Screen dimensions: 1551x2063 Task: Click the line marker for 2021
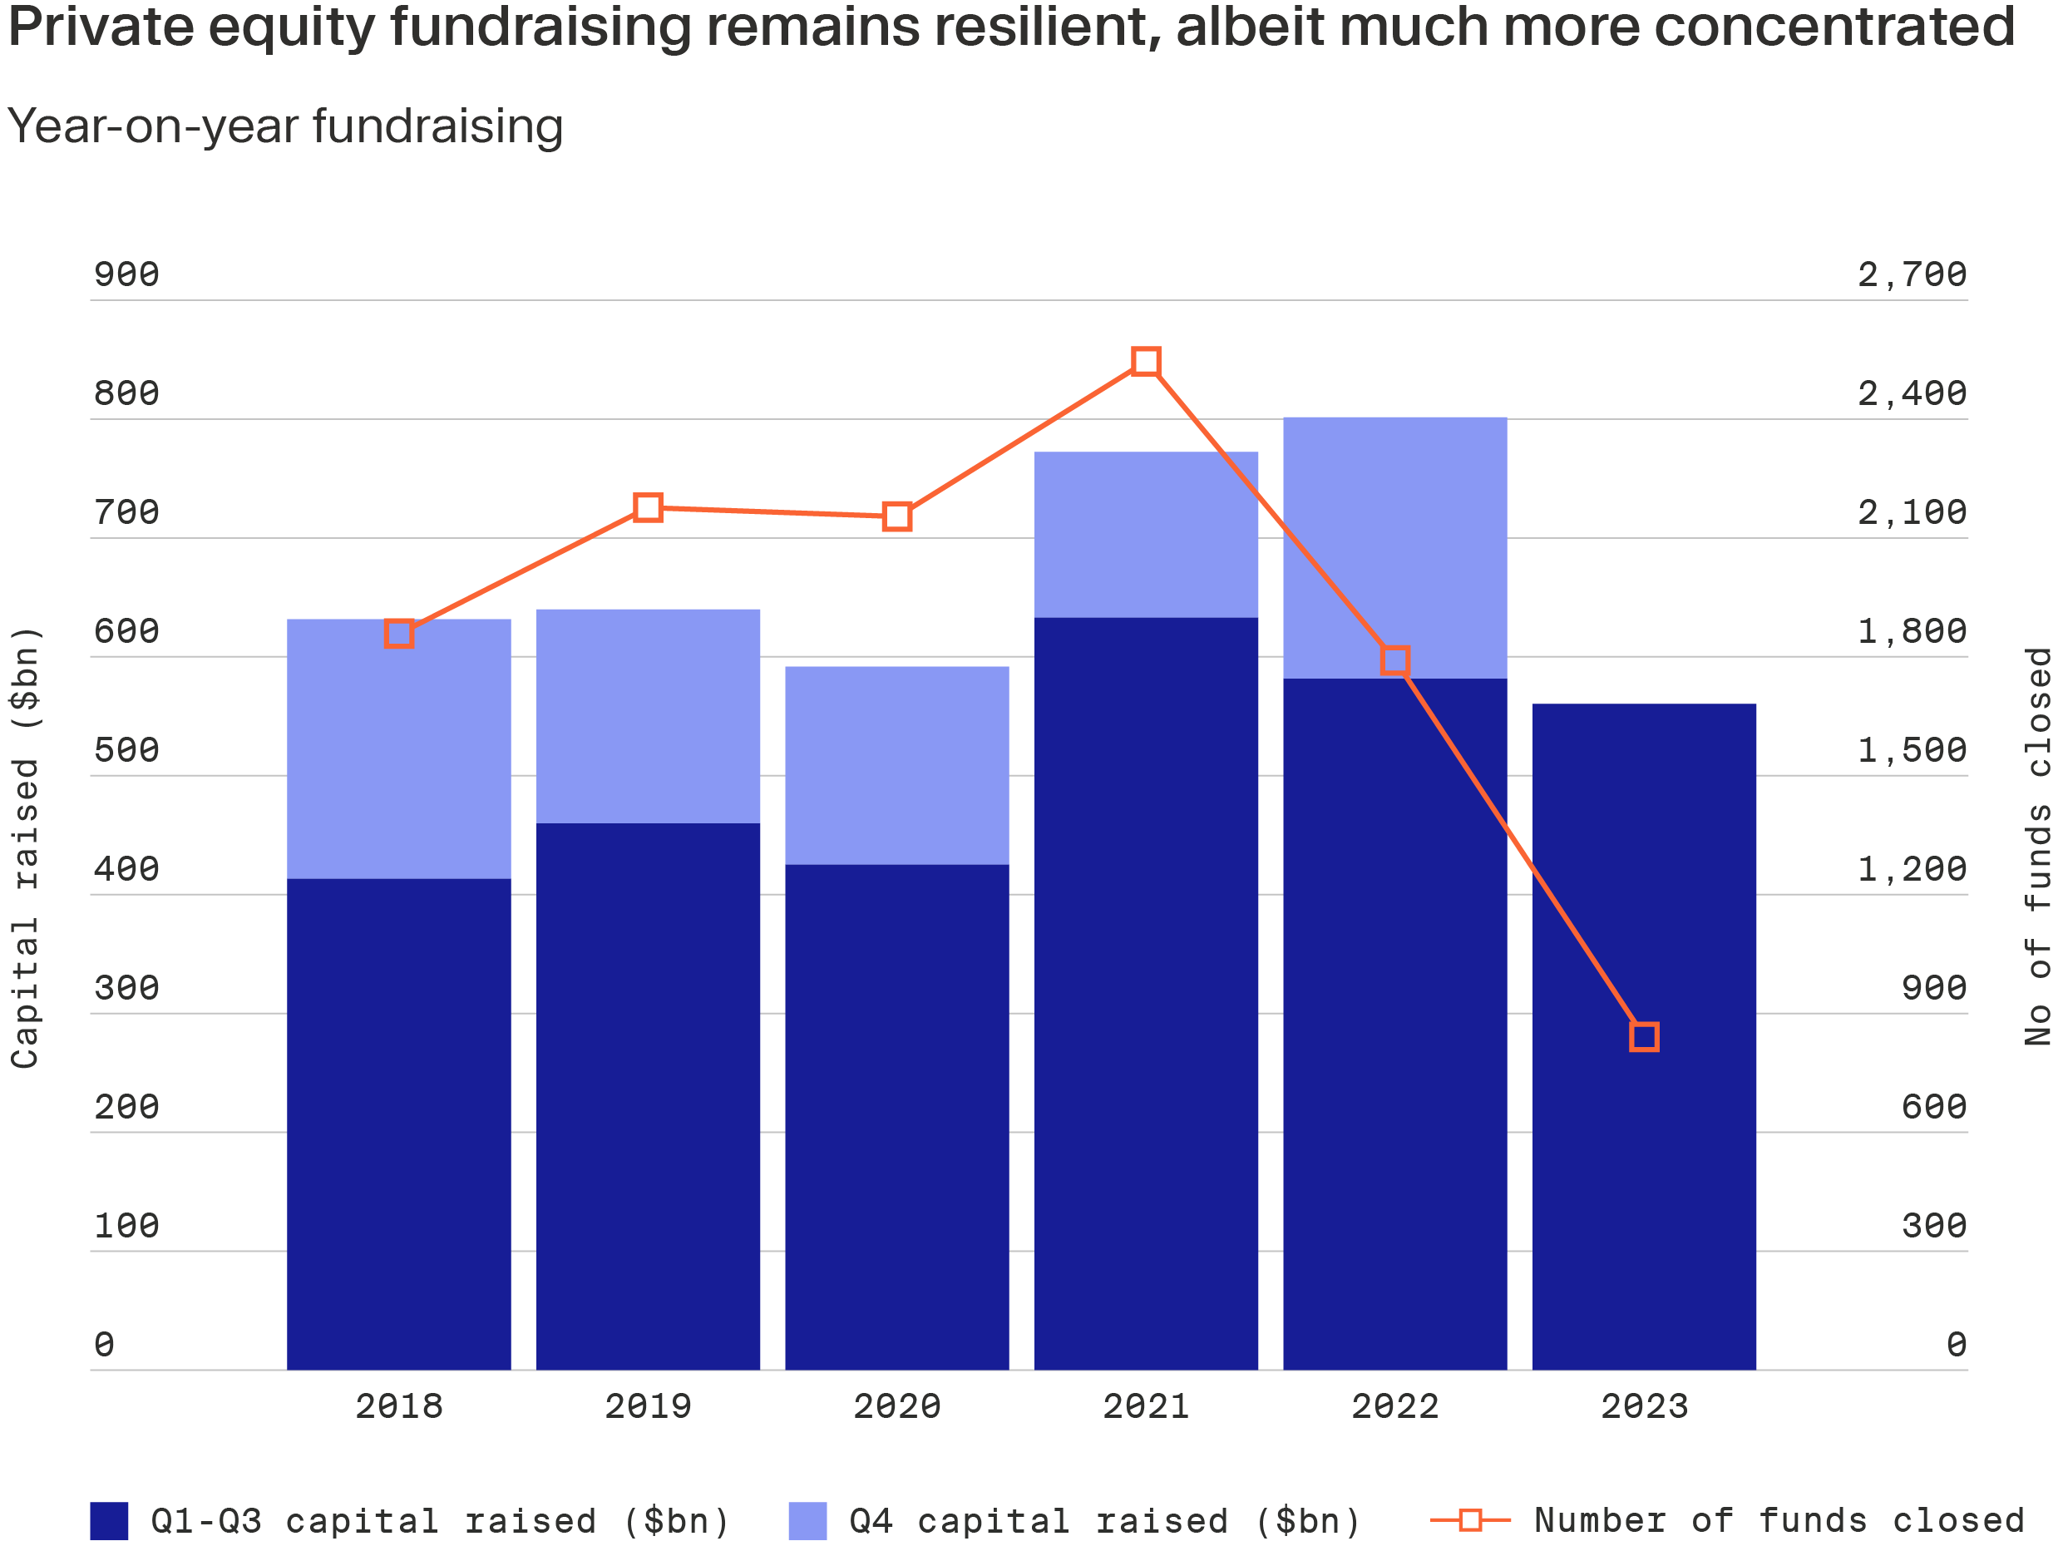1145,361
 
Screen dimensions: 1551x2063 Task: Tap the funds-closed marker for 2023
1643,1037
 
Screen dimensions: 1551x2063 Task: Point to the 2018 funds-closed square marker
398,633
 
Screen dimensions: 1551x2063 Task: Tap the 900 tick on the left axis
126,274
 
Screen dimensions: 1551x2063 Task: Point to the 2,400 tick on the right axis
1911,393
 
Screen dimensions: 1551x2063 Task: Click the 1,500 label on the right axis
1911,750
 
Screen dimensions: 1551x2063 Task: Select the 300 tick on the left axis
126,988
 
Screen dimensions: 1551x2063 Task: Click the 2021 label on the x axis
1145,1406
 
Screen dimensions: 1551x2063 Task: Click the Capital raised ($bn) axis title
25,847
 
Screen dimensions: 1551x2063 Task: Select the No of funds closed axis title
2038,846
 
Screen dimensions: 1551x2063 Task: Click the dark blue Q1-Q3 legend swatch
108,1521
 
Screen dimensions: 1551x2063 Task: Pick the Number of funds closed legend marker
1470,1520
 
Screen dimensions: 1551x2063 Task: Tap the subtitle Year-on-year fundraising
284,126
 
